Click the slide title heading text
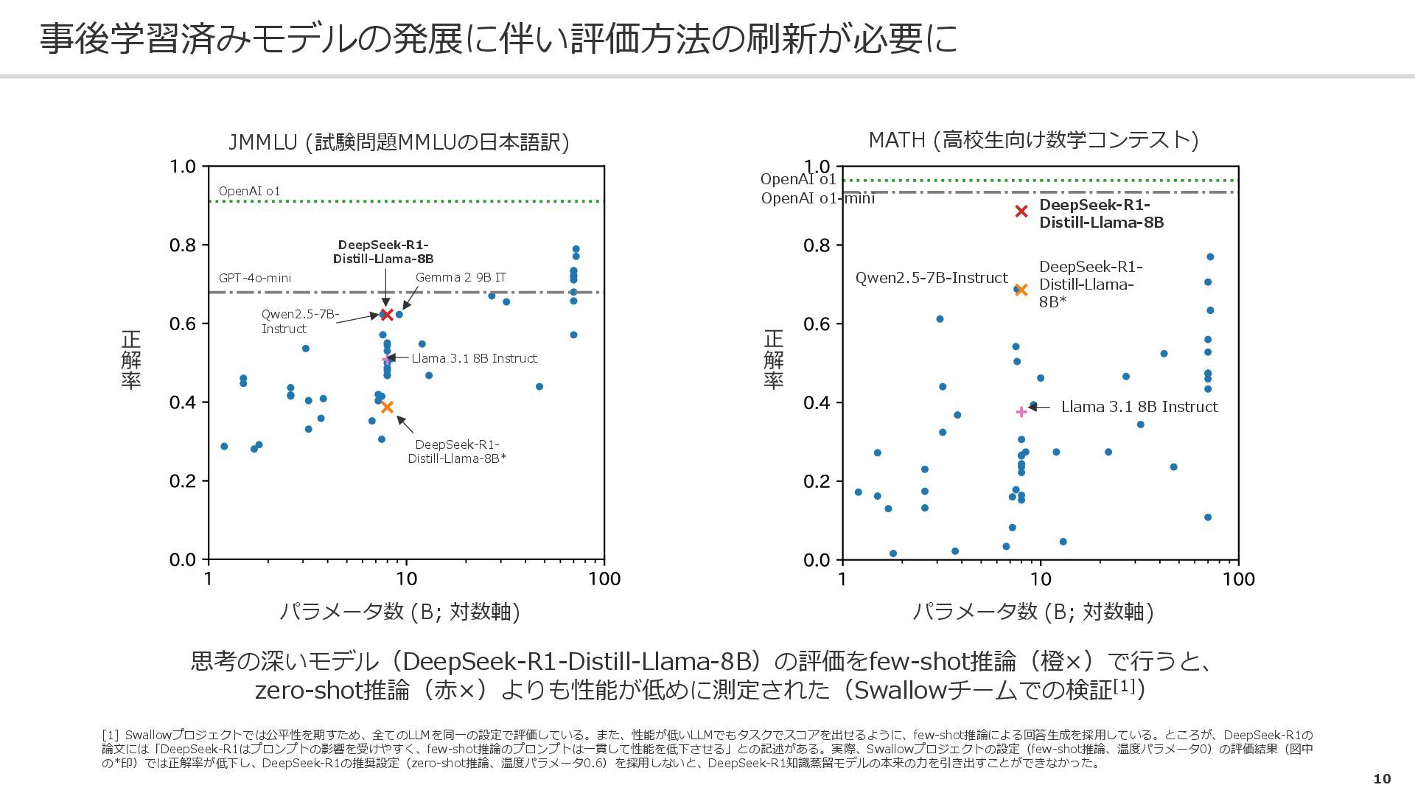(x=498, y=38)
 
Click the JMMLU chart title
(x=399, y=142)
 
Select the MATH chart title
(x=1033, y=139)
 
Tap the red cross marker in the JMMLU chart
(x=387, y=315)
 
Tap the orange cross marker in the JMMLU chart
(x=387, y=407)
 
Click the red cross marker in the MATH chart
(x=1021, y=212)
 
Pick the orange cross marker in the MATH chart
(x=1021, y=290)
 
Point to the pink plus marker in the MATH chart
(x=1021, y=412)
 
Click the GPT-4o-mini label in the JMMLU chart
(x=255, y=278)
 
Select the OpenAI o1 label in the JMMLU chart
(x=249, y=191)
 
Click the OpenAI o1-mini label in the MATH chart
(x=817, y=198)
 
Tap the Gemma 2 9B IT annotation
(x=461, y=277)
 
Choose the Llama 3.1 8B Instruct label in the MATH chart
(x=1139, y=407)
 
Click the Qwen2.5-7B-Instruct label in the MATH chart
(x=931, y=278)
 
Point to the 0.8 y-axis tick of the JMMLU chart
(x=183, y=245)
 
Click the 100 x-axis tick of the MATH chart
(x=1238, y=579)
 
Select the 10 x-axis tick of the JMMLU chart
(x=406, y=579)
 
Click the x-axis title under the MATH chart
(x=1033, y=611)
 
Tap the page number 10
(x=1382, y=779)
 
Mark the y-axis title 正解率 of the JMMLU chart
(x=131, y=360)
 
